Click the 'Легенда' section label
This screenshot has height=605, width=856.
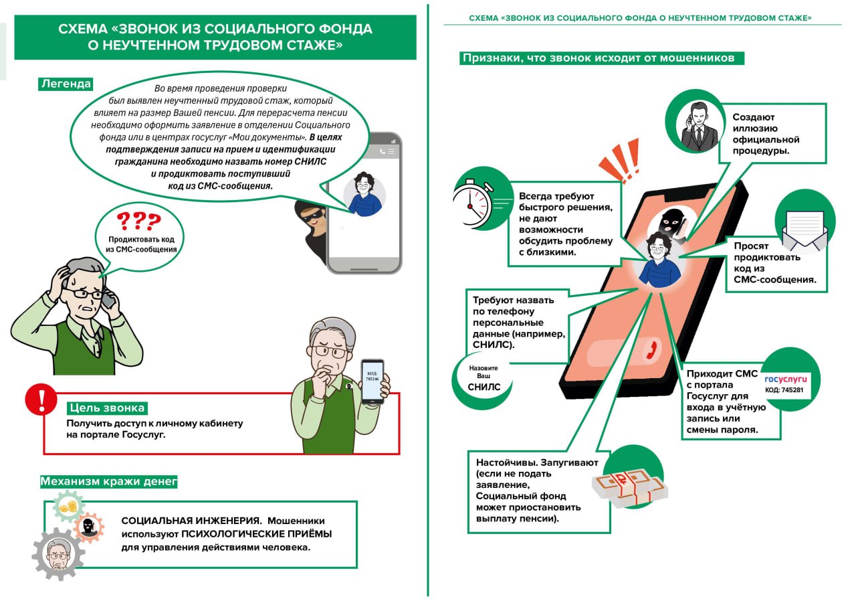(x=66, y=84)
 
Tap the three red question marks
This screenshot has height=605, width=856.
(x=138, y=222)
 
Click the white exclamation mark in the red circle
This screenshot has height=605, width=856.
(x=41, y=400)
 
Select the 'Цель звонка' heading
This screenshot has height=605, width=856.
(x=106, y=408)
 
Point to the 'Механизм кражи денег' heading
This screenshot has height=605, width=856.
(x=108, y=481)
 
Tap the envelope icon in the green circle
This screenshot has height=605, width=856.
(x=805, y=228)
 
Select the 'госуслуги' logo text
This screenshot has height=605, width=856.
(x=786, y=379)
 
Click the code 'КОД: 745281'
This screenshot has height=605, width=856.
(x=784, y=390)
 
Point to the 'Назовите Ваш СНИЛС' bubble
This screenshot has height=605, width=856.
(x=483, y=377)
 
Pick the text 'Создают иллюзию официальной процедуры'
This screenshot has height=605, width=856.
(x=766, y=134)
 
